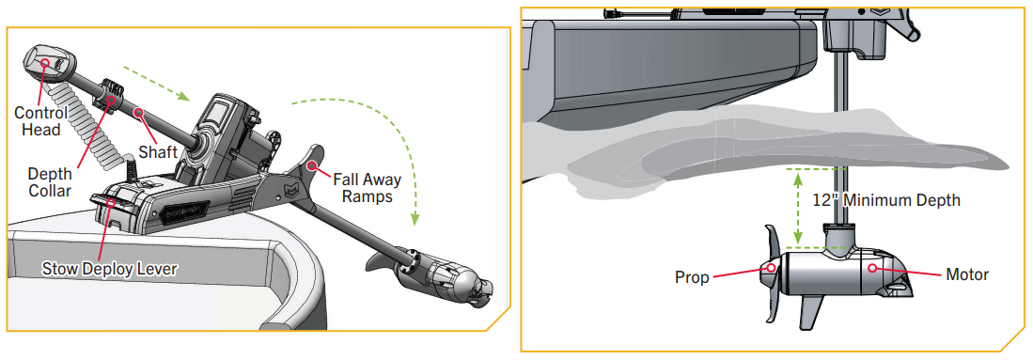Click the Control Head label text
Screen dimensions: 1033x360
[40, 120]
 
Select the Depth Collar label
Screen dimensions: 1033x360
[49, 182]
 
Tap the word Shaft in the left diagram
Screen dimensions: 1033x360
[158, 152]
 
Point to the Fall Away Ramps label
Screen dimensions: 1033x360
[367, 188]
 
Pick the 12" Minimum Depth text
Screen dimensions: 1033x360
[886, 200]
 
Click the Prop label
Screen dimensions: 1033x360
[692, 277]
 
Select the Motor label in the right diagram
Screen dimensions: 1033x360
[967, 274]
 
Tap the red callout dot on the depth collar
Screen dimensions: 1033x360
[111, 101]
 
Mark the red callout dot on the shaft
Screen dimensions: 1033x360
[139, 113]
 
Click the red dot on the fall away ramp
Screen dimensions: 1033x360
[314, 163]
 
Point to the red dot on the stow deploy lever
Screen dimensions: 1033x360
[111, 202]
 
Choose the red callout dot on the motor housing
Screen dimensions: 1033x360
[873, 268]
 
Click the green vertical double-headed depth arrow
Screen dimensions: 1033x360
[798, 208]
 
